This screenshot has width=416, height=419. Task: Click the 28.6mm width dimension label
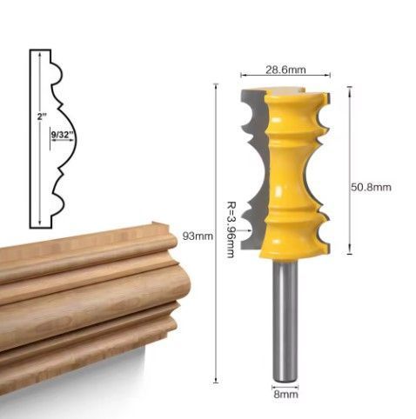point(285,70)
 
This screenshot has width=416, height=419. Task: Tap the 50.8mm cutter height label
point(371,187)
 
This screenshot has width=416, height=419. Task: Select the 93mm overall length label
point(198,236)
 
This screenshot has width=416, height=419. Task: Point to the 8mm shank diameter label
point(285,395)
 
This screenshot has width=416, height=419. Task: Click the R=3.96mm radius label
point(231,229)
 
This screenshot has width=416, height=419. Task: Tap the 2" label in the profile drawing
point(42,117)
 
